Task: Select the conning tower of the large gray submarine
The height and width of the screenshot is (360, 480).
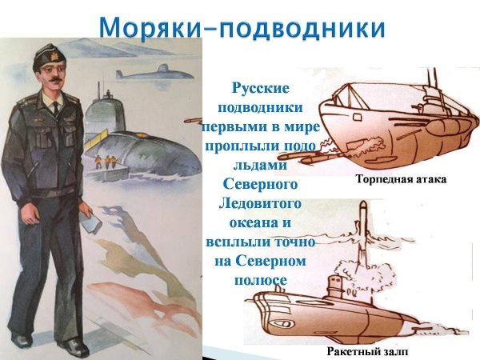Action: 106,112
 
